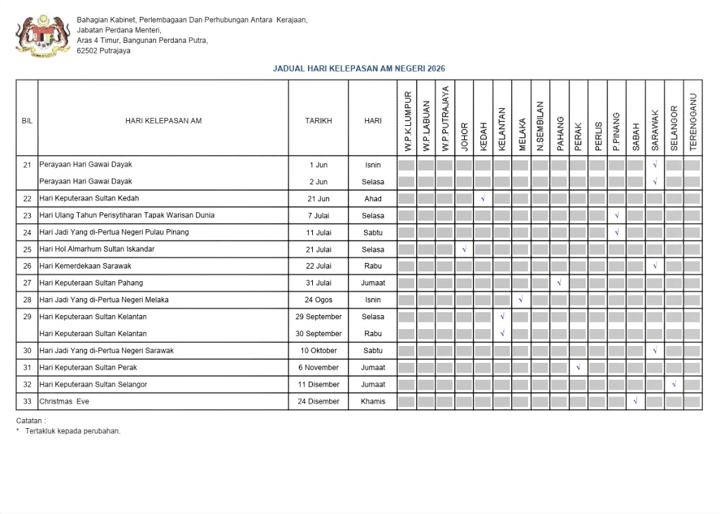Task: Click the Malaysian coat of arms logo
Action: coord(43,35)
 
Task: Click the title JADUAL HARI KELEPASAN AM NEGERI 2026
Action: coord(359,69)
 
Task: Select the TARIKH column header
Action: coord(318,121)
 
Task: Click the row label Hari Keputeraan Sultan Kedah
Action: coord(89,198)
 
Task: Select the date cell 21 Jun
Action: coord(319,199)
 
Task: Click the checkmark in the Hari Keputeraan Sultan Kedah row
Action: coord(483,199)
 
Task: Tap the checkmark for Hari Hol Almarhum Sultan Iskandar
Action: coord(464,250)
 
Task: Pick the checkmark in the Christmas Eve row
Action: coord(635,401)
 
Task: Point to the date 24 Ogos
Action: coord(319,300)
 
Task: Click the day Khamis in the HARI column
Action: coord(373,401)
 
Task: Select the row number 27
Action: coord(27,283)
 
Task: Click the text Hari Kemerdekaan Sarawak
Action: coord(85,266)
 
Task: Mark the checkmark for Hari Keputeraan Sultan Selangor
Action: coord(674,385)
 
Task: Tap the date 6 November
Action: coord(319,368)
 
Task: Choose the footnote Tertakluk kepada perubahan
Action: coord(72,431)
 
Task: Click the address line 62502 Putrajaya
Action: coord(103,51)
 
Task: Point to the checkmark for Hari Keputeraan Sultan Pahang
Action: coord(559,283)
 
